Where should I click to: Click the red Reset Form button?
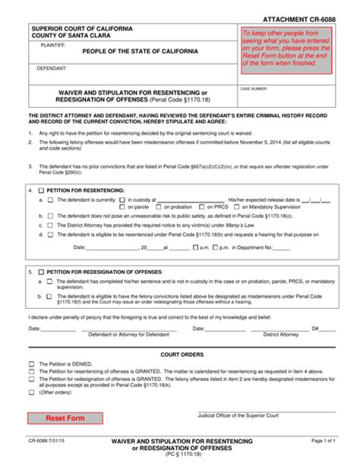coord(65,418)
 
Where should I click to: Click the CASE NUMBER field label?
coord(254,89)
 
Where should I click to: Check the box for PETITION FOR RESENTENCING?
coord(40,190)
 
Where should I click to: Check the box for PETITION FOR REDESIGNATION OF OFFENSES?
coord(40,271)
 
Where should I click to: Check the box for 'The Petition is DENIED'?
coord(31,364)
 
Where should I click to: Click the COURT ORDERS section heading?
coord(180,354)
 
